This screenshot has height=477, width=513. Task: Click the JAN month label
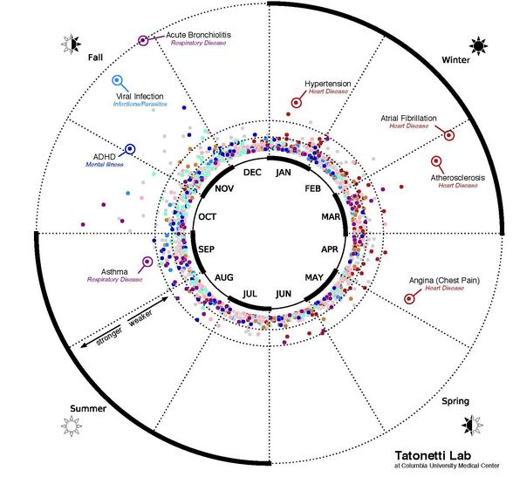(284, 173)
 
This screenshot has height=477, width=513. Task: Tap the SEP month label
(207, 249)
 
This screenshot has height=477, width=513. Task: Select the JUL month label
(250, 294)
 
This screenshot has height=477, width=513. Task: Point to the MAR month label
(331, 217)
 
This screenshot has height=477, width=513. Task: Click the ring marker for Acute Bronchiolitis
(143, 40)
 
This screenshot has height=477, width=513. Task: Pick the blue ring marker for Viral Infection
(117, 80)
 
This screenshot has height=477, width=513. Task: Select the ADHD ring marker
(130, 149)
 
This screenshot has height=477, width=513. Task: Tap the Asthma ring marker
(147, 262)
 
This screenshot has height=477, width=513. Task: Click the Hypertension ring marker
(296, 103)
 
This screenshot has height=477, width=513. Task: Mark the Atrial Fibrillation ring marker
(449, 135)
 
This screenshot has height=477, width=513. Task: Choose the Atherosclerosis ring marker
(436, 161)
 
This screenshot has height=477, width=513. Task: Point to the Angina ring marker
(409, 298)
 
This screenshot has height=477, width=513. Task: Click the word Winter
(455, 60)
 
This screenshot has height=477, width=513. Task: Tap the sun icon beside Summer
(72, 426)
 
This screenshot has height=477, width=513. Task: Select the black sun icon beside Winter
(478, 46)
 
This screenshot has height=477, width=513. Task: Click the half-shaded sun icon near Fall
(72, 44)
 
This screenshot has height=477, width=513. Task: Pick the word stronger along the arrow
(109, 336)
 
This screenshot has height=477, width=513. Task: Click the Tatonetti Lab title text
(433, 455)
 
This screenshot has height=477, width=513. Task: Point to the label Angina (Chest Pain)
(444, 281)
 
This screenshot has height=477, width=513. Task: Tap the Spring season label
(455, 401)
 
